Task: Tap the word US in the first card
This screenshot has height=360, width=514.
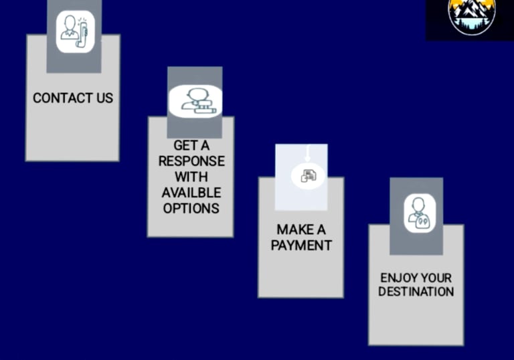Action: click(104, 98)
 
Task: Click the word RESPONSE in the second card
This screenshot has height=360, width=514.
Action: click(191, 162)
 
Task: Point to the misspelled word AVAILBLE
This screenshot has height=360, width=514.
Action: click(191, 193)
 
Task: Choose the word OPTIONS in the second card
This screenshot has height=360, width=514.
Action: click(191, 208)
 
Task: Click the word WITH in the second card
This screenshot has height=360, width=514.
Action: click(191, 177)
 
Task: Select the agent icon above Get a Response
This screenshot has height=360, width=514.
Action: click(194, 100)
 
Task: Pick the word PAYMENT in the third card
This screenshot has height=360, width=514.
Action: click(301, 246)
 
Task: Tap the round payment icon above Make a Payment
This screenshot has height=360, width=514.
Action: click(308, 176)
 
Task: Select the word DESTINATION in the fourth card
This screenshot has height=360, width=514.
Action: click(416, 292)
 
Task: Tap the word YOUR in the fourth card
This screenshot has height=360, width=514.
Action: click(436, 277)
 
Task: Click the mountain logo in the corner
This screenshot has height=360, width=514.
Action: click(472, 16)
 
